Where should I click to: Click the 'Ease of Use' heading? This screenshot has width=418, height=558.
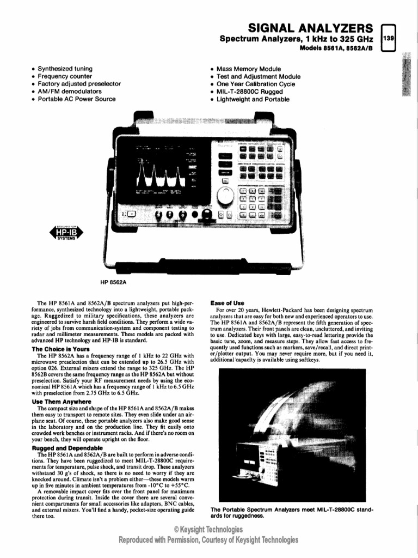pyautogui.click(x=227, y=303)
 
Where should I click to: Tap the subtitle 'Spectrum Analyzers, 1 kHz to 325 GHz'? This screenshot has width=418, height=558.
pyautogui.click(x=296, y=39)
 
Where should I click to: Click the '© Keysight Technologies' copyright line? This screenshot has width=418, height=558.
pyautogui.click(x=208, y=529)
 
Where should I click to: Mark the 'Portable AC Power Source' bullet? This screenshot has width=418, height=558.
pyautogui.click(x=77, y=99)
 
